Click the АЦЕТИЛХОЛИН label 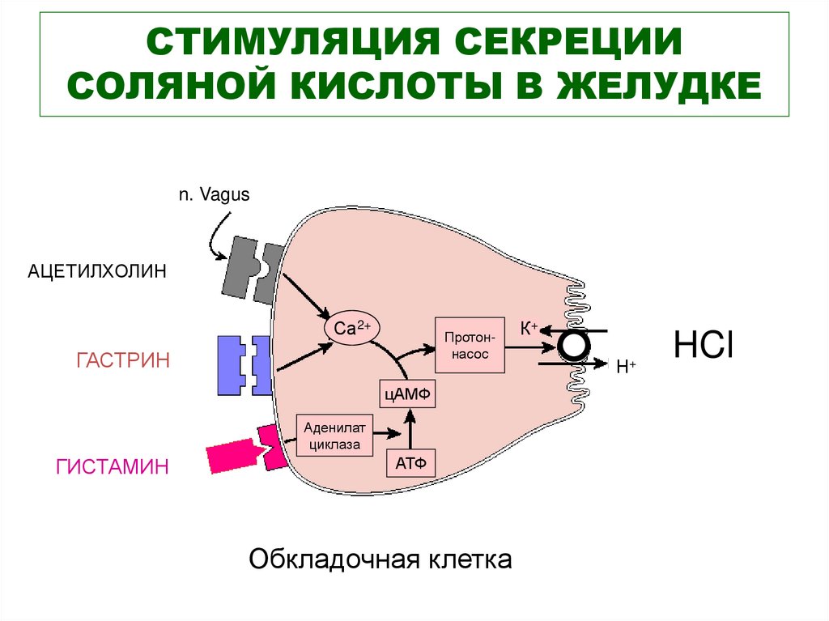pyautogui.click(x=98, y=271)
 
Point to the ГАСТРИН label pyautogui.click(x=123, y=359)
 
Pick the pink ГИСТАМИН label pyautogui.click(x=113, y=466)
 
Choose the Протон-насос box pyautogui.click(x=470, y=344)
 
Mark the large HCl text pyautogui.click(x=704, y=345)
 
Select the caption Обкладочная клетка pyautogui.click(x=380, y=559)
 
